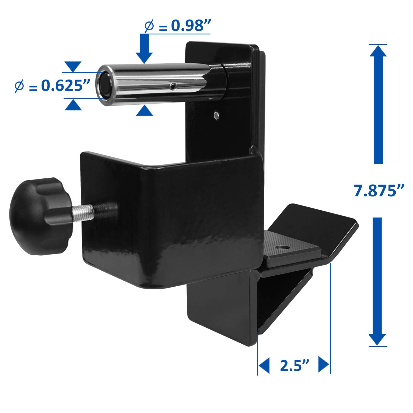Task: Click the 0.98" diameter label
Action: click(178, 26)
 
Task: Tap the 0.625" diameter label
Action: click(52, 86)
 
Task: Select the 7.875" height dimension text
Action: click(379, 191)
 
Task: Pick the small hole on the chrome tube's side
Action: click(173, 87)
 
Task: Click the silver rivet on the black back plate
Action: click(217, 115)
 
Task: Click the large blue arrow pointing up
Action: click(378, 105)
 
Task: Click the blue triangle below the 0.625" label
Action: click(73, 105)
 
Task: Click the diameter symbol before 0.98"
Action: click(149, 26)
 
